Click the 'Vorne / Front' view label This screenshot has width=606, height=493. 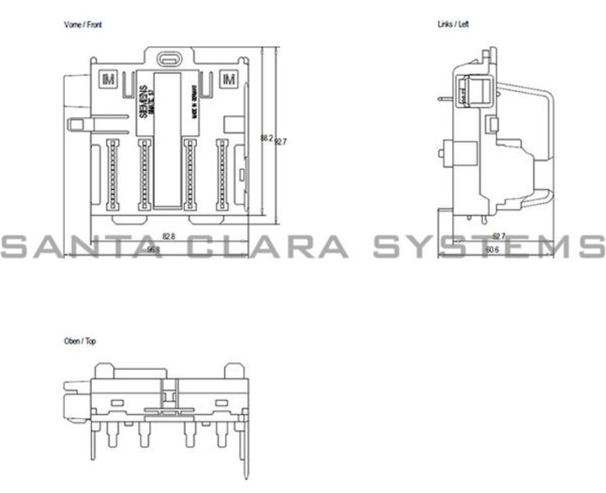tap(83, 25)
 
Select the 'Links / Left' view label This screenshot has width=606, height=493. tap(452, 25)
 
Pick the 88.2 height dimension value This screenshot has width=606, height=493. tap(266, 138)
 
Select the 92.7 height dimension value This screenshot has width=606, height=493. tap(281, 141)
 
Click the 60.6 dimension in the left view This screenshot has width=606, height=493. tap(492, 249)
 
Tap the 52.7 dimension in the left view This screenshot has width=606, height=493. tap(498, 236)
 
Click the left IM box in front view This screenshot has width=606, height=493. tap(108, 79)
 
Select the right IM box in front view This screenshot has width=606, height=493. tap(228, 79)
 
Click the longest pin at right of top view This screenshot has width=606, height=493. tap(244, 453)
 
